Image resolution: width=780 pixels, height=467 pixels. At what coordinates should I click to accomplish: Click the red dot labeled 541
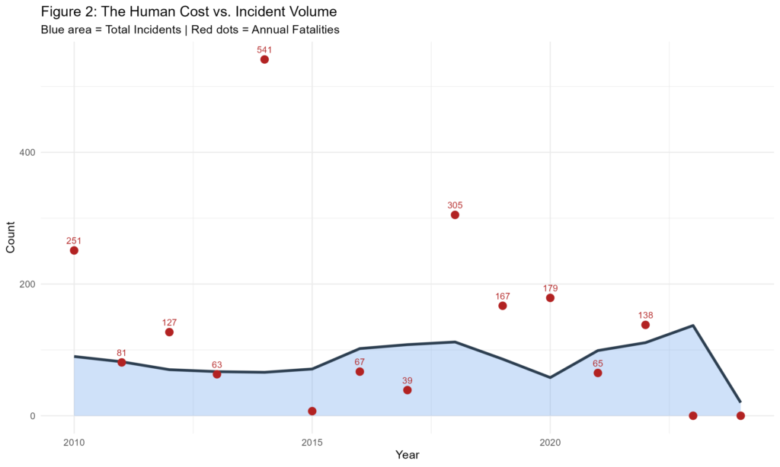[264, 59]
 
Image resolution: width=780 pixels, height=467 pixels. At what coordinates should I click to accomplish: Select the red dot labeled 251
[74, 250]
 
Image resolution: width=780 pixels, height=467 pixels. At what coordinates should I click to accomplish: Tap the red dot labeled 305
[455, 214]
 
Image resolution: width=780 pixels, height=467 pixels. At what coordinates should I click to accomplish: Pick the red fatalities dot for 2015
[312, 411]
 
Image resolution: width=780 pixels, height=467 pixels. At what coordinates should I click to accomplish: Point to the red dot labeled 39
[408, 390]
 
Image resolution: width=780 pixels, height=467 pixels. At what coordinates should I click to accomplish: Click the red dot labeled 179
[550, 298]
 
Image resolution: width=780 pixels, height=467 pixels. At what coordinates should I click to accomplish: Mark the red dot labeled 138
[645, 325]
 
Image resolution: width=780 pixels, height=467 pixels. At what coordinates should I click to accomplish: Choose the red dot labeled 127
[169, 332]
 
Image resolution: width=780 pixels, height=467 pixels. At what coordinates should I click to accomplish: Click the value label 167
[503, 296]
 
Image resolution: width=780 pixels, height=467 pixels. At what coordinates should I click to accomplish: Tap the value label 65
[598, 363]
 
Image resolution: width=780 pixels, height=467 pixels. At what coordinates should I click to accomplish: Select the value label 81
[122, 353]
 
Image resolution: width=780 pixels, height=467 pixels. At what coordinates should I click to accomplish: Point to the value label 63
[217, 364]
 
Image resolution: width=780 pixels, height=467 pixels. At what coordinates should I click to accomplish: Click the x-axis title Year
[408, 455]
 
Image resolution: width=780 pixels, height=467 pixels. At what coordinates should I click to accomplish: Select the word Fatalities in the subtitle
[312, 30]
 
